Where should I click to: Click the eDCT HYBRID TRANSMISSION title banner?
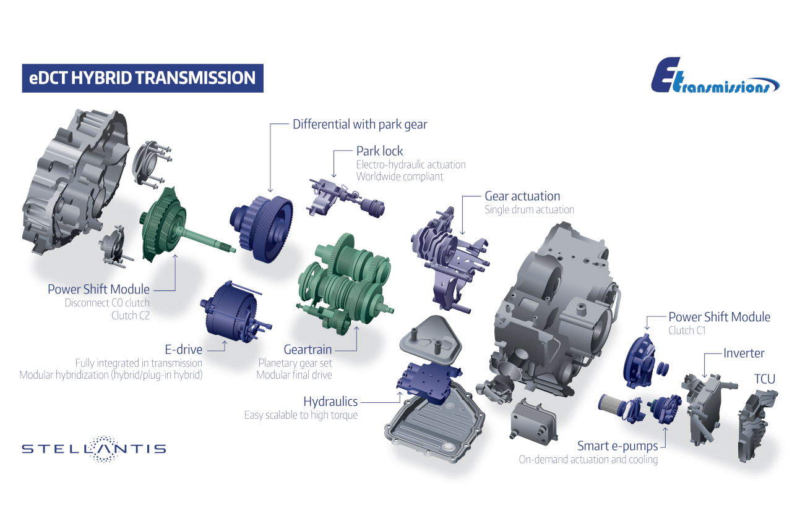pyautogui.click(x=142, y=78)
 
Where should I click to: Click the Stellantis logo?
pyautogui.click(x=93, y=449)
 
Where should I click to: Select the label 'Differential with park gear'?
pyautogui.click(x=359, y=124)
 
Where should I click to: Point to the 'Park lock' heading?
pyautogui.click(x=379, y=151)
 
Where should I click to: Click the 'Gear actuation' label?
pyautogui.click(x=522, y=196)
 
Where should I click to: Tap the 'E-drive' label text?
pyautogui.click(x=184, y=350)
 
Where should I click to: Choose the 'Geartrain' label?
pyautogui.click(x=308, y=350)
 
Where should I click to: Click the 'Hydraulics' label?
pyautogui.click(x=330, y=402)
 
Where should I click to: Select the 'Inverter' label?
pyautogui.click(x=744, y=353)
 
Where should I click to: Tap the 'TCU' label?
pyautogui.click(x=764, y=379)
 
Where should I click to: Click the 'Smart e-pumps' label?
pyautogui.click(x=618, y=445)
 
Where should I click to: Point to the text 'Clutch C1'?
pyautogui.click(x=687, y=331)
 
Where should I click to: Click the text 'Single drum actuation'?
pyautogui.click(x=529, y=209)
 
